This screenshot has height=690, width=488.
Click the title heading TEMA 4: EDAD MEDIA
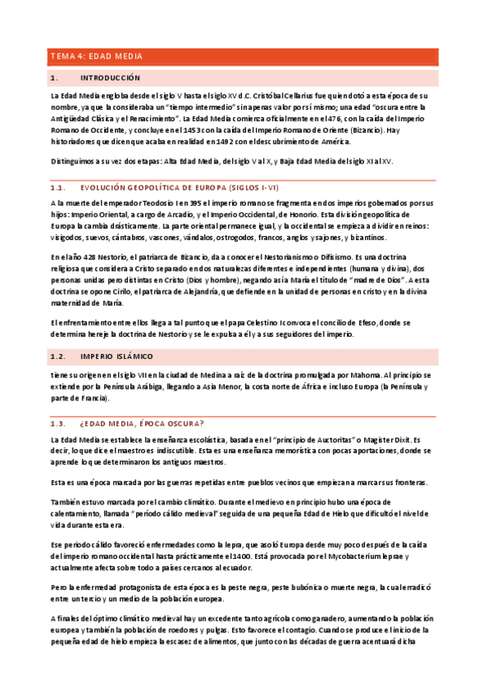96,56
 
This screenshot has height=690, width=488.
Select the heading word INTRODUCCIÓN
111,78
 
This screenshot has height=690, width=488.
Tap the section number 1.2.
58,356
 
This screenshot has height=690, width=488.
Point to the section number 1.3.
58,423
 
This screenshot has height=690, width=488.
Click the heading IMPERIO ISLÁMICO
117,356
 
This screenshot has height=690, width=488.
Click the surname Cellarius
266,95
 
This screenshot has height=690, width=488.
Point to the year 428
84,257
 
